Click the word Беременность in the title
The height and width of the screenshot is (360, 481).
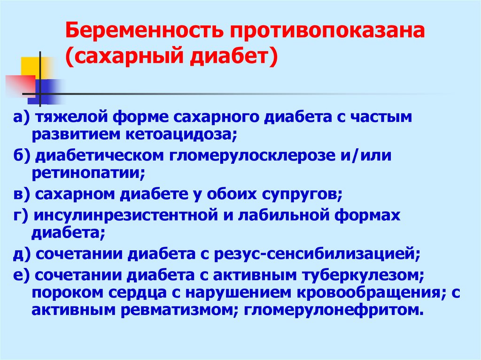coord(144,31)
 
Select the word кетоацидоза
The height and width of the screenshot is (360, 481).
coord(181,134)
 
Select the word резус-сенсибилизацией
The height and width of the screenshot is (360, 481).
coord(317,254)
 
